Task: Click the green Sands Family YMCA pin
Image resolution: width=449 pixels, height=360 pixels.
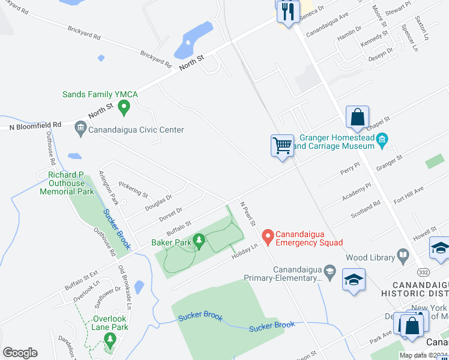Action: (124, 108)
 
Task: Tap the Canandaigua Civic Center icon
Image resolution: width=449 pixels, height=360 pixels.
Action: (80, 129)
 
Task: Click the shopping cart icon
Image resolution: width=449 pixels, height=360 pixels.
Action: (282, 146)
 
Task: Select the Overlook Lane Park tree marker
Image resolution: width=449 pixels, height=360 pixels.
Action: (109, 341)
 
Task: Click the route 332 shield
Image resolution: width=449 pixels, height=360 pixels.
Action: (423, 272)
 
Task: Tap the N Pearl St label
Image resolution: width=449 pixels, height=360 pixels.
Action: (248, 214)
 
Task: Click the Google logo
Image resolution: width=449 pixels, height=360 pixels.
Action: (20, 353)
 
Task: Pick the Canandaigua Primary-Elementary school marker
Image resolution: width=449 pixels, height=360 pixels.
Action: (330, 272)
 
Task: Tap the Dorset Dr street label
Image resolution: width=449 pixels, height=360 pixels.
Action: (172, 212)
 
